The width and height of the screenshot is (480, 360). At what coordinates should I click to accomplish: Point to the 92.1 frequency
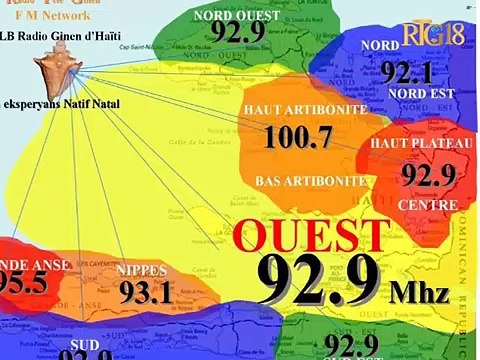pyautogui.click(x=405, y=72)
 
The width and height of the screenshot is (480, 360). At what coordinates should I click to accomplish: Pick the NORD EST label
pyautogui.click(x=421, y=94)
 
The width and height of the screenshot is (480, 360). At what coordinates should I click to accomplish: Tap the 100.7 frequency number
pyautogui.click(x=297, y=136)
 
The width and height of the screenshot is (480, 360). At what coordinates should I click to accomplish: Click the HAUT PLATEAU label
pyautogui.click(x=412, y=145)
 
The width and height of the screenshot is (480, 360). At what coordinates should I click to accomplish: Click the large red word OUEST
pyautogui.click(x=310, y=236)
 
